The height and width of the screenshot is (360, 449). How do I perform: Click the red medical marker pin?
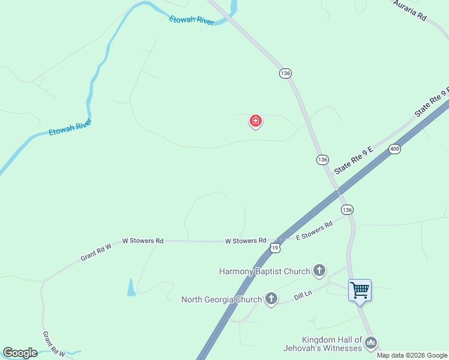click(x=256, y=121)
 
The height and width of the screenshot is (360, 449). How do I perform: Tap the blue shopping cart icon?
click(x=360, y=290)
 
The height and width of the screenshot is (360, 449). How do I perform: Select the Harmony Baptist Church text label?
click(x=264, y=271)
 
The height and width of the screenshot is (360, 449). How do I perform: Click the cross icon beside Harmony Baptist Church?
click(x=319, y=271)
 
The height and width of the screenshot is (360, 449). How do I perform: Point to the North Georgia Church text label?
click(x=221, y=299)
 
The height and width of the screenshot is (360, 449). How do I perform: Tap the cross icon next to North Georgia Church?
click(x=271, y=299)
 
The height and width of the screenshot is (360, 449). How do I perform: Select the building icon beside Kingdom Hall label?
click(x=371, y=343)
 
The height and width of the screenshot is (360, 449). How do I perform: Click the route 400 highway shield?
click(x=394, y=149)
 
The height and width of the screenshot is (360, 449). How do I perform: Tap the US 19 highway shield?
click(x=275, y=247)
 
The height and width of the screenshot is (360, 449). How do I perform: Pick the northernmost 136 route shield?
click(x=285, y=73)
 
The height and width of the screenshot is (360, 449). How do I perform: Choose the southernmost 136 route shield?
click(x=347, y=209)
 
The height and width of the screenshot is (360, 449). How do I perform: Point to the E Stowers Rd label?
click(x=315, y=231)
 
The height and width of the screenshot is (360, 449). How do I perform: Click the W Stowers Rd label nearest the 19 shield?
click(x=246, y=241)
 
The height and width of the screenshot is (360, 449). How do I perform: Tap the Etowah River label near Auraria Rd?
click(x=191, y=20)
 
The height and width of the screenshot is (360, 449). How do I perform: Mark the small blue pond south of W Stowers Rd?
click(x=131, y=288)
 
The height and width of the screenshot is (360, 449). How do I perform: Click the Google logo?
click(x=20, y=353)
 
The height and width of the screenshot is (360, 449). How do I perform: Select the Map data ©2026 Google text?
click(x=412, y=355)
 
